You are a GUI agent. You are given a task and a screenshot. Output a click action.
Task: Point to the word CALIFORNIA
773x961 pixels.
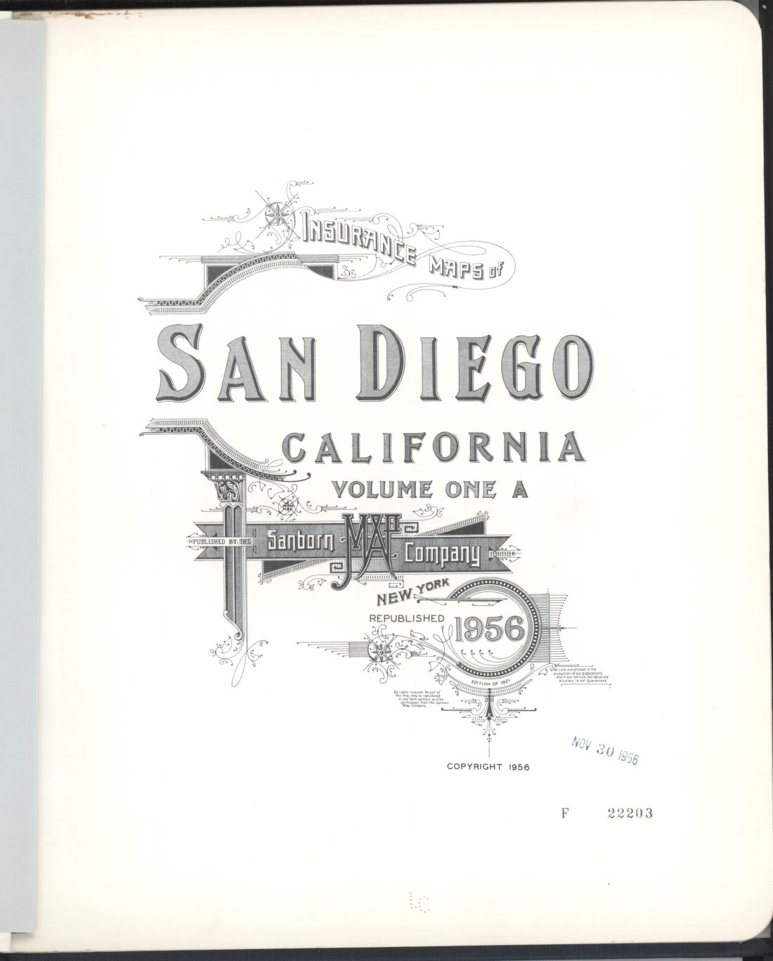[434, 448]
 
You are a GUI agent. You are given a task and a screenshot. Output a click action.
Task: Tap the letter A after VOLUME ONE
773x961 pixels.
[519, 489]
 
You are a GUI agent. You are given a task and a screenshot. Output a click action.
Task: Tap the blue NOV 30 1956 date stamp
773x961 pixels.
[604, 751]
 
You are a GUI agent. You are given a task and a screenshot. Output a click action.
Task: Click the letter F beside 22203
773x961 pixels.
[564, 813]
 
